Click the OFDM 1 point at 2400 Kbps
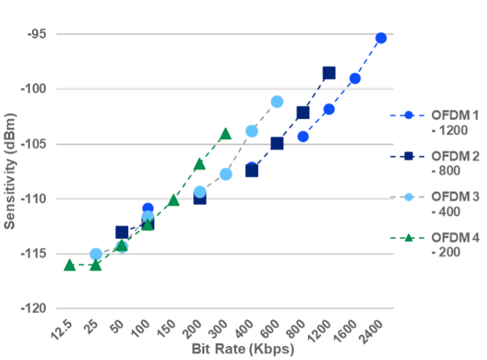381,38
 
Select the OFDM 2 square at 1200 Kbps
329,73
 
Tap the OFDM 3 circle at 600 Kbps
278,101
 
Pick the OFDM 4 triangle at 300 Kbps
225,134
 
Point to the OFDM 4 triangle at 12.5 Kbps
70,265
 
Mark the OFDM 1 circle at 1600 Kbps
355,78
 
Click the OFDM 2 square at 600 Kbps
278,143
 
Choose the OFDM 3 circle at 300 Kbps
225,174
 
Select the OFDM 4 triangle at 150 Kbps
174,199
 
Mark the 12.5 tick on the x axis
62,332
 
